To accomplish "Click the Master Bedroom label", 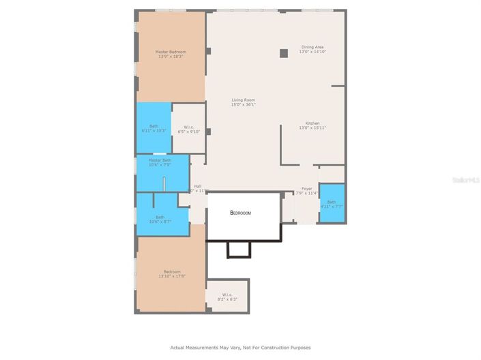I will (x=171, y=52).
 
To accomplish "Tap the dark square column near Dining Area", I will (x=283, y=53).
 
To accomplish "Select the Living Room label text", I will (x=243, y=100).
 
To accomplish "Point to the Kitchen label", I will (x=312, y=123).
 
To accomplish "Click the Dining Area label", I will (x=312, y=47).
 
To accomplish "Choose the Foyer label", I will (x=307, y=189).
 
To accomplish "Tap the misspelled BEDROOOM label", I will (x=240, y=213).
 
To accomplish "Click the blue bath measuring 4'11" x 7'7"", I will (x=332, y=203).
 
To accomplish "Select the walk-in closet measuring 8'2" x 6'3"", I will (x=228, y=297).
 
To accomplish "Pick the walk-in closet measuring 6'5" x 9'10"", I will (x=188, y=129).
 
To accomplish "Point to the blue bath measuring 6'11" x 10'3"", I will (x=154, y=127).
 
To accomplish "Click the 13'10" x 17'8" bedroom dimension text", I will (x=172, y=275).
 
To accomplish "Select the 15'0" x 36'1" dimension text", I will (x=243, y=105).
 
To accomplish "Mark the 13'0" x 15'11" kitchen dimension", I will (x=312, y=127).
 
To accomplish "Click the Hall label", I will (x=198, y=186).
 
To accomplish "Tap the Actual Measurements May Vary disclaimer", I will (x=240, y=347).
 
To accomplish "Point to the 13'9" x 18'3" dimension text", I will (x=171, y=57).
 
